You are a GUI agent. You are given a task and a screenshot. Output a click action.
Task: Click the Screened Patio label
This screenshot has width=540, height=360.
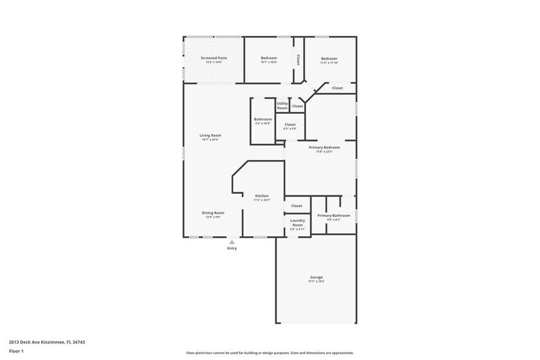[214, 58]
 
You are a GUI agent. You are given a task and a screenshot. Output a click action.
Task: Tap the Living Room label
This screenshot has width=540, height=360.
[210, 135]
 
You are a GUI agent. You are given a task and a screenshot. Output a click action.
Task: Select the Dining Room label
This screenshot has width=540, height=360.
[213, 213]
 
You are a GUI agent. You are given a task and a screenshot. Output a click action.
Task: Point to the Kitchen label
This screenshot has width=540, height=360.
[261, 196]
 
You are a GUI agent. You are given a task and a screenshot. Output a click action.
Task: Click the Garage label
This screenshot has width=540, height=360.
[316, 277]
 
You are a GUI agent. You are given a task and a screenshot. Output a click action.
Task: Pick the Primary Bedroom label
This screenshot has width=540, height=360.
[324, 148]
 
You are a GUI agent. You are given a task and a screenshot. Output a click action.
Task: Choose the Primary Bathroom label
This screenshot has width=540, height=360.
[334, 216]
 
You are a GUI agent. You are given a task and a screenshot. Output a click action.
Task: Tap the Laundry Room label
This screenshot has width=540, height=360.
[297, 222]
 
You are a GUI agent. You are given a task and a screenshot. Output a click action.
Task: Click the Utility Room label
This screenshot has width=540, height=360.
[282, 105]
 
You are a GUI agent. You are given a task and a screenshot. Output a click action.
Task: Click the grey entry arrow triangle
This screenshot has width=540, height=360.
[232, 242]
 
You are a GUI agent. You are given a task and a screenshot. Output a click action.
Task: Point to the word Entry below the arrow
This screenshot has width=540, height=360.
[232, 248]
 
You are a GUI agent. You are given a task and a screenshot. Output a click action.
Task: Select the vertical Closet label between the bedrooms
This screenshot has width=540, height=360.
[298, 59]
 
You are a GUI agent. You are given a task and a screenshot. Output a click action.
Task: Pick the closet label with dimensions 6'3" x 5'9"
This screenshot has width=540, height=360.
[290, 126]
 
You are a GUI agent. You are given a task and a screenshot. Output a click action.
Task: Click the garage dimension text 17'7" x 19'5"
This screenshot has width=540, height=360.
[316, 282]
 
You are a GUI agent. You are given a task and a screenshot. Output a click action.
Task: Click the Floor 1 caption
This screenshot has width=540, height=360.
[16, 351]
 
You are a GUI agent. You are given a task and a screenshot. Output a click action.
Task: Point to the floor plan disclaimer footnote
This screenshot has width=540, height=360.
[269, 353]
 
